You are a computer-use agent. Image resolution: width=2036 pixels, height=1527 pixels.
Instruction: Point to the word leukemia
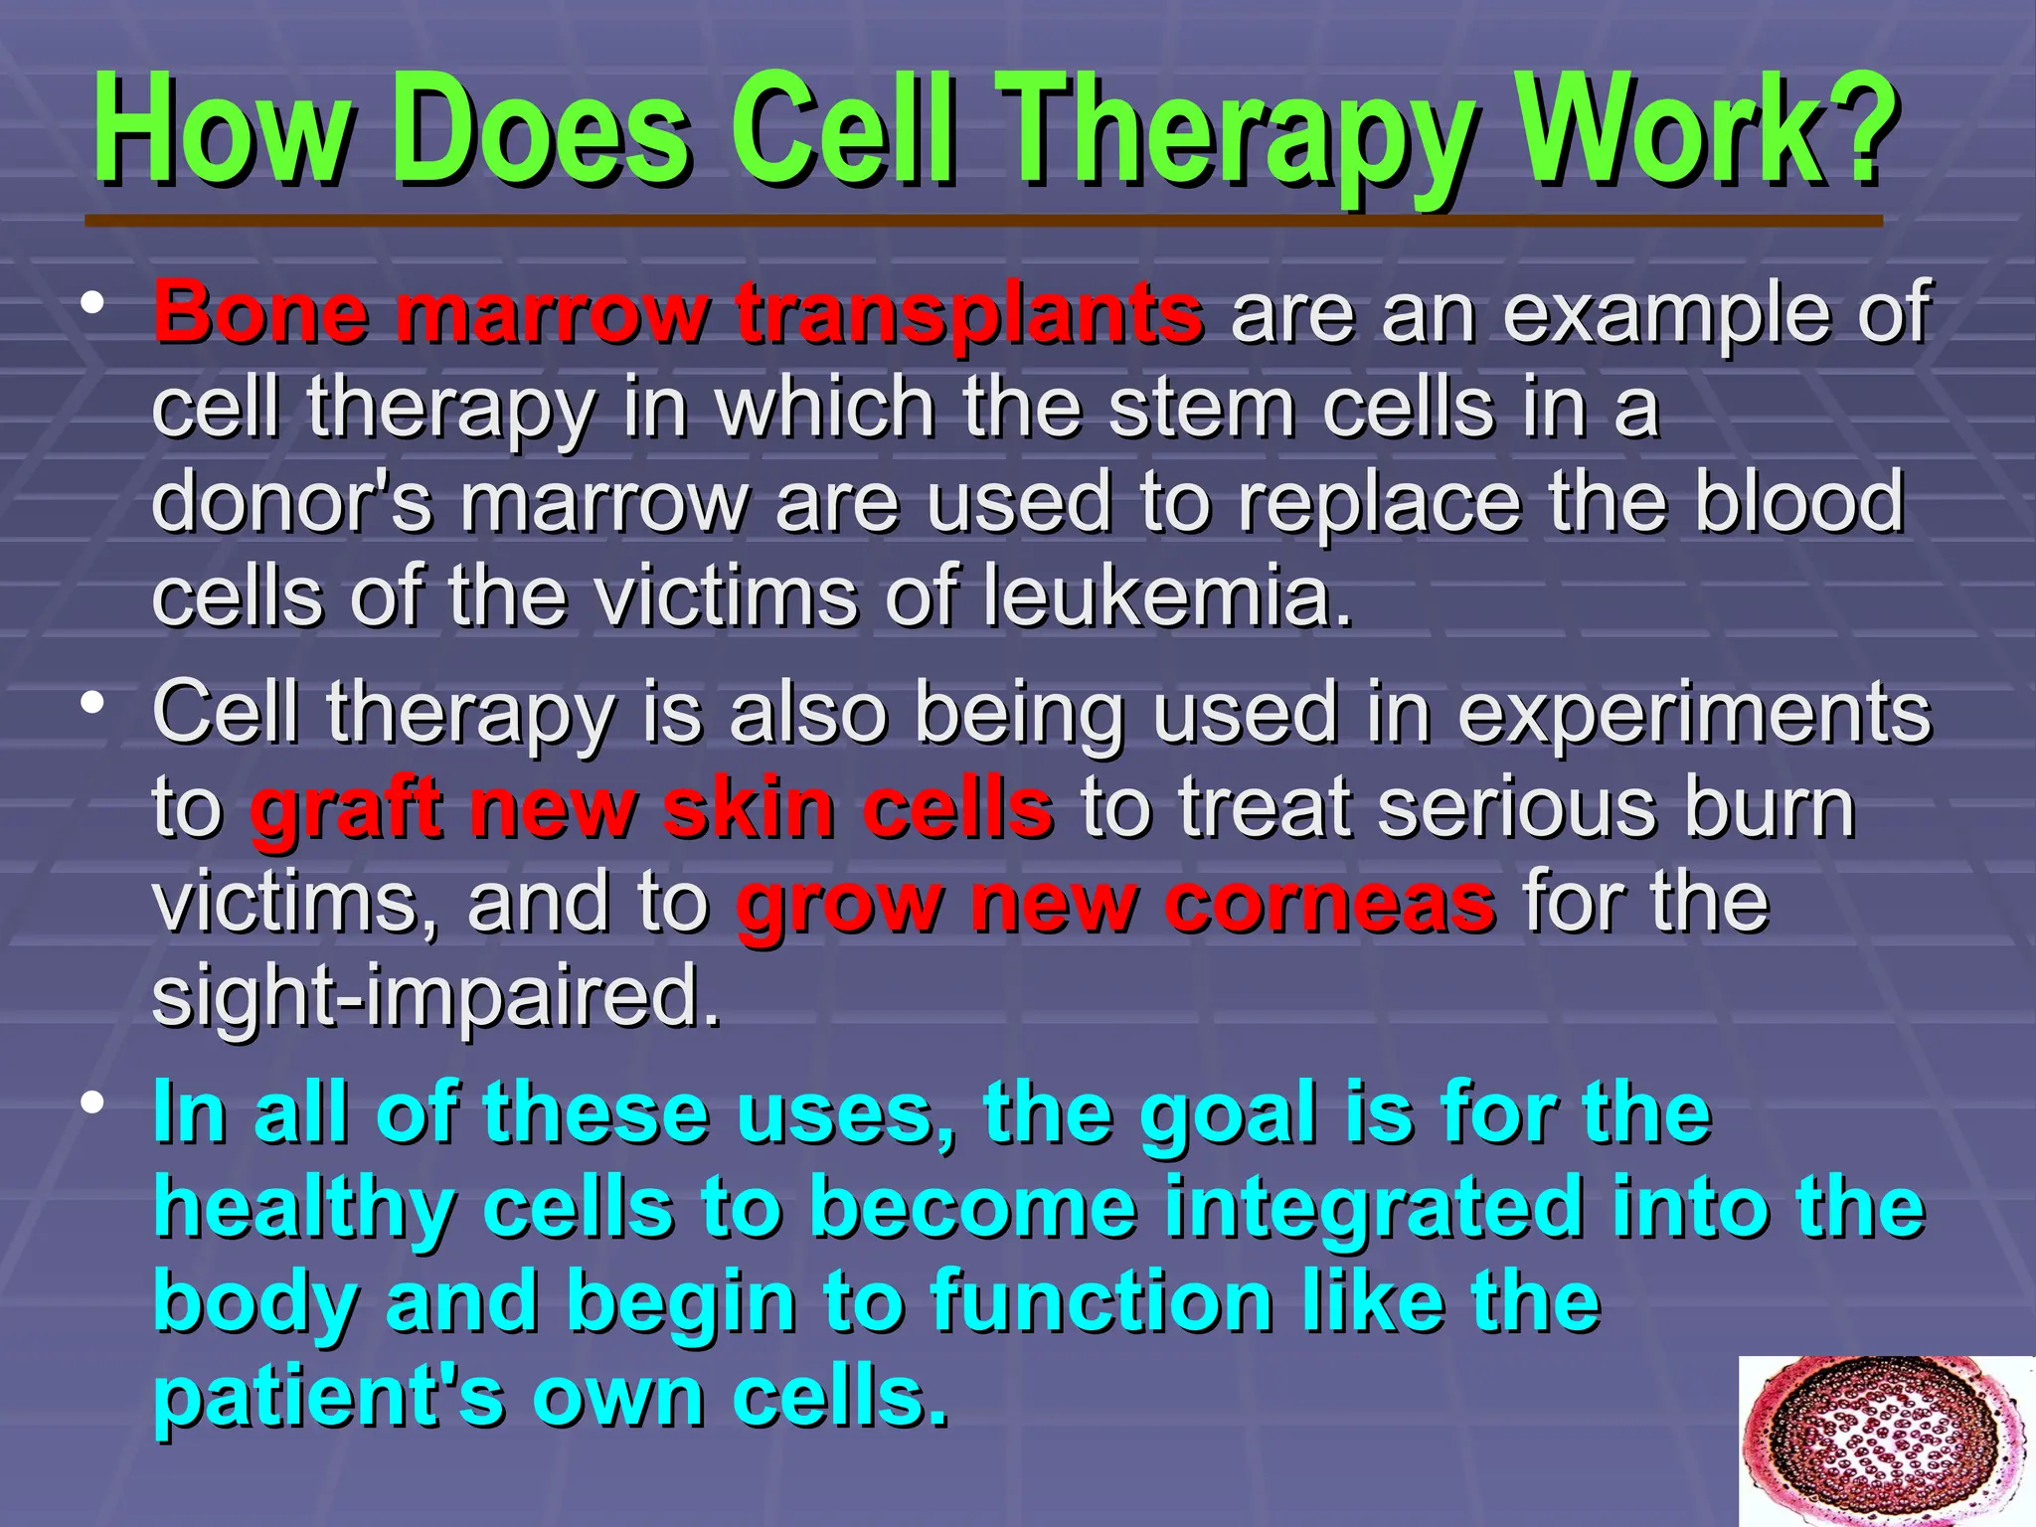[1168, 596]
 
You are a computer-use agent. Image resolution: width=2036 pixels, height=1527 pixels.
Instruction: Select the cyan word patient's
[329, 1397]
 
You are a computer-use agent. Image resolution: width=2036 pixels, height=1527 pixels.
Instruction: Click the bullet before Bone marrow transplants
[93, 302]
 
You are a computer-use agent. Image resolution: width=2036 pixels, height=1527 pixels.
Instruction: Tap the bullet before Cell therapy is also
[93, 703]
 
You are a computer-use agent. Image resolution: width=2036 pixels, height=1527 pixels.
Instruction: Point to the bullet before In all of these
[93, 1103]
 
